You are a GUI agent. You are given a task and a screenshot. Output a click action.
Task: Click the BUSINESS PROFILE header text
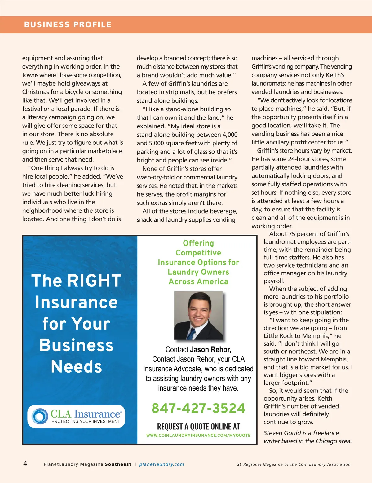(68, 25)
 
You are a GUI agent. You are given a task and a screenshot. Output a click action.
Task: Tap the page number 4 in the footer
(25, 464)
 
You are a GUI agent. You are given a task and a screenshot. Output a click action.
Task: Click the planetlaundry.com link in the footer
(162, 464)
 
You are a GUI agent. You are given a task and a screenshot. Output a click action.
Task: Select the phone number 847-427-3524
(198, 408)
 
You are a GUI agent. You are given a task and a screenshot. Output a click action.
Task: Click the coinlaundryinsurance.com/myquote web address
(198, 435)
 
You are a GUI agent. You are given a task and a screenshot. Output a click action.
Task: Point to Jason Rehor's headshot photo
(198, 315)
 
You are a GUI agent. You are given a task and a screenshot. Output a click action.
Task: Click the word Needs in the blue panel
(76, 366)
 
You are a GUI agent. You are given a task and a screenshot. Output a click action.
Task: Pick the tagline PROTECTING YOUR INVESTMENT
(86, 422)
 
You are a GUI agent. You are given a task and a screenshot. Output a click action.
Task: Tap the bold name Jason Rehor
(210, 350)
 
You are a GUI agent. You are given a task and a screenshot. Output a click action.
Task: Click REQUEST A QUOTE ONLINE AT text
(198, 427)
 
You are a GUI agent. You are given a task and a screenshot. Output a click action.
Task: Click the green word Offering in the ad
(198, 243)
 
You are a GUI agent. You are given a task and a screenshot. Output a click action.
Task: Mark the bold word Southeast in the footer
(118, 464)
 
